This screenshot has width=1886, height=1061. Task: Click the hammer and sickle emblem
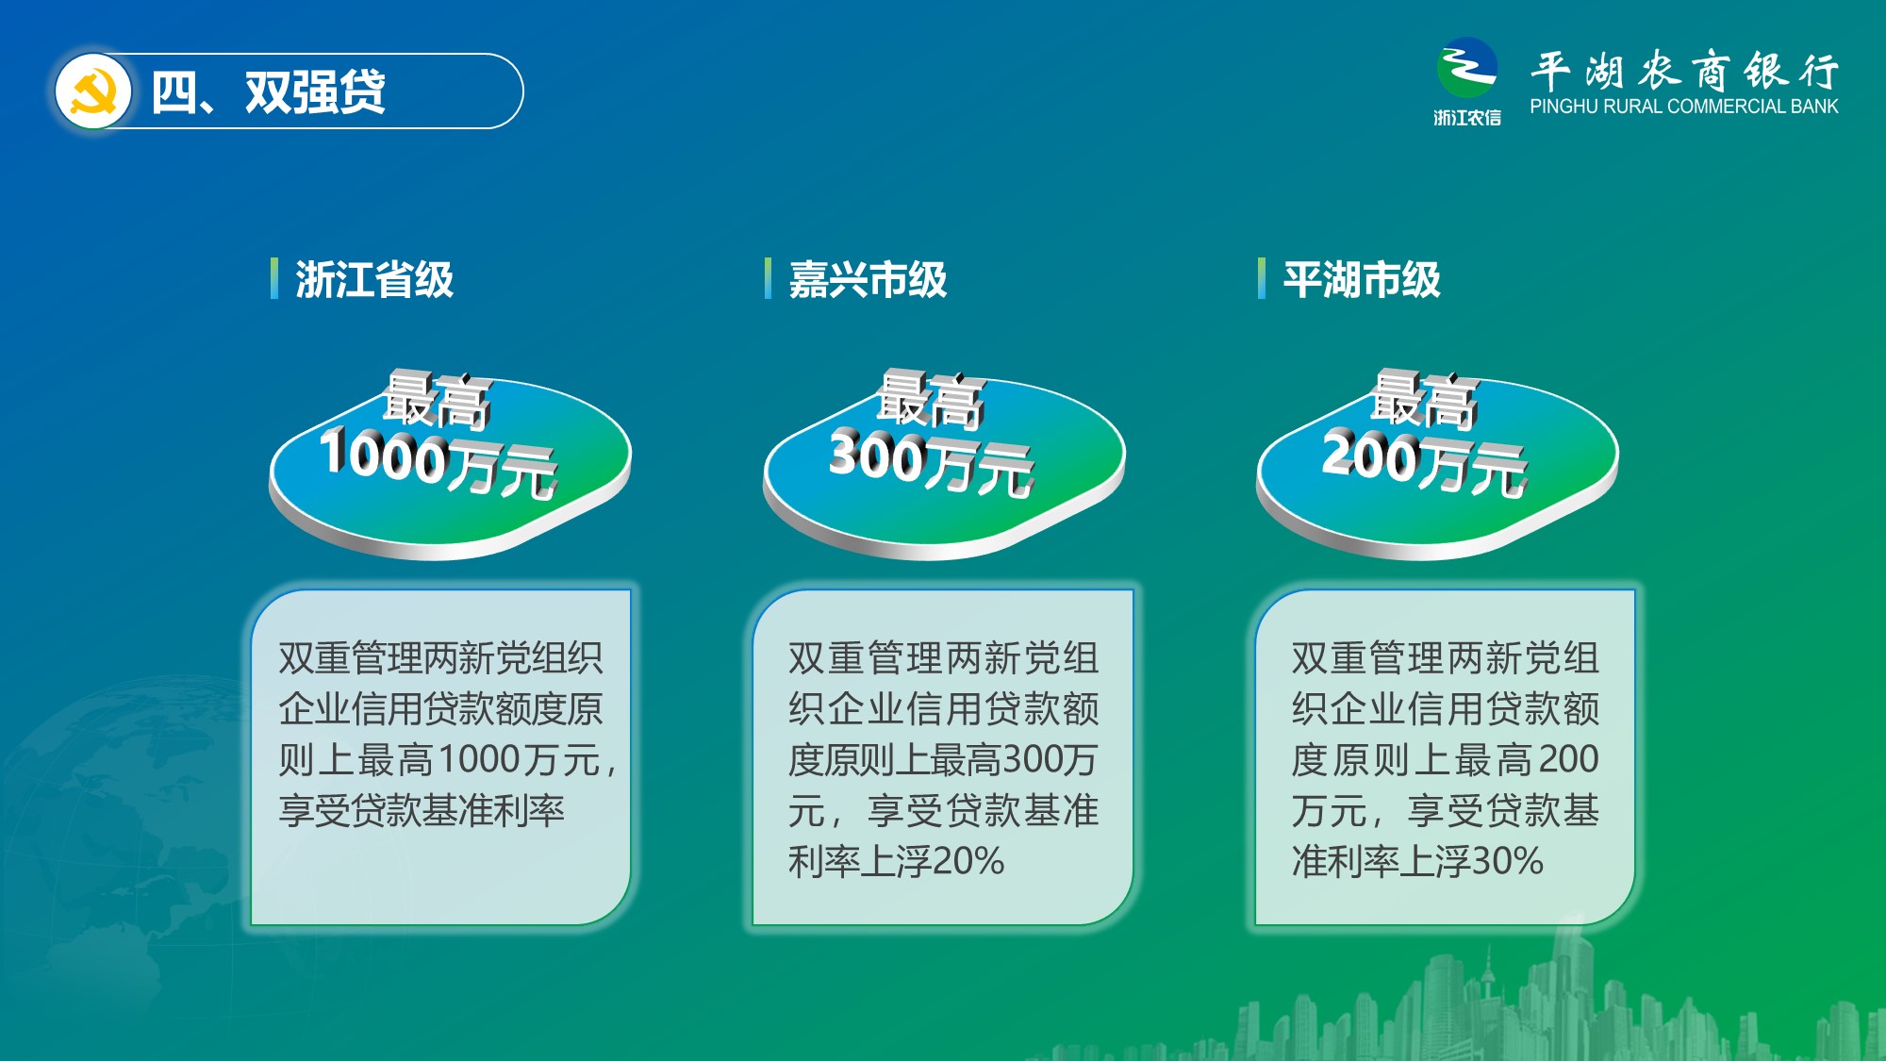[x=92, y=91]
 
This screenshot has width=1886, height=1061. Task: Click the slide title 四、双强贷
[x=268, y=92]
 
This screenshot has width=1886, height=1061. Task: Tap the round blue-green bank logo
[x=1466, y=68]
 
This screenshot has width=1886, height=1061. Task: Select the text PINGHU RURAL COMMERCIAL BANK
[x=1683, y=107]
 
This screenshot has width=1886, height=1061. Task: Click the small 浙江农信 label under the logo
[x=1466, y=117]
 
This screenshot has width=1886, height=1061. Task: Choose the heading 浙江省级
[x=374, y=279]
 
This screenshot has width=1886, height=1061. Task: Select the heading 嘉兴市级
[x=868, y=279]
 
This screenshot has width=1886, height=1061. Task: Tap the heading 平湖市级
[x=1361, y=279]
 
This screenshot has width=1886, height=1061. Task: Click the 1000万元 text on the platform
[x=439, y=462]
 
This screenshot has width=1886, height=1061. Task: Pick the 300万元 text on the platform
[x=932, y=462]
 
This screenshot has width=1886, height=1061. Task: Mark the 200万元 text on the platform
[x=1425, y=462]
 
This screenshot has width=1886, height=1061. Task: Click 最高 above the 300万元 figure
[x=931, y=398]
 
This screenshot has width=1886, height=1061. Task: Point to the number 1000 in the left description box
[x=480, y=759]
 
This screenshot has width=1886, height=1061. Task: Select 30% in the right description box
[x=1508, y=861]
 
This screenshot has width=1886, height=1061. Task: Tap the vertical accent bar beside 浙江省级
[x=274, y=278]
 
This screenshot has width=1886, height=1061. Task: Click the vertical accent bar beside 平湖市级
[x=1262, y=278]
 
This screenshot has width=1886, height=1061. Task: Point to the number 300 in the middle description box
[x=1034, y=759]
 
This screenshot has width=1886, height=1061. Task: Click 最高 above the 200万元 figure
[x=1424, y=398]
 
